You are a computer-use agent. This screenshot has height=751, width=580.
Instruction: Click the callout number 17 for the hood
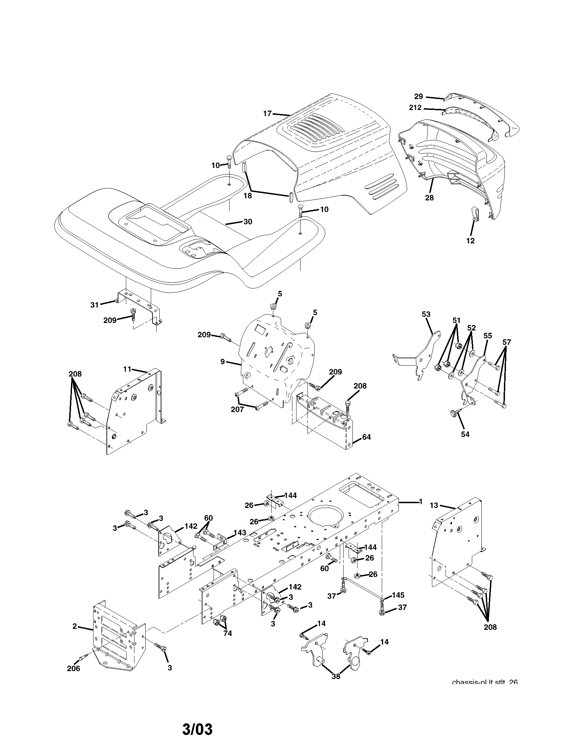[x=267, y=113]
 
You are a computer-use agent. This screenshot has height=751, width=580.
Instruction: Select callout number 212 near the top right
[x=415, y=108]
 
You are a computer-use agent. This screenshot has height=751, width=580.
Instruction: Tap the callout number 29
[x=419, y=96]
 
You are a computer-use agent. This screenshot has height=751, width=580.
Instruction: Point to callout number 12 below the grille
[x=470, y=241]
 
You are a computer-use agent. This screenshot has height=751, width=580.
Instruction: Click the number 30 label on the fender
[x=248, y=222]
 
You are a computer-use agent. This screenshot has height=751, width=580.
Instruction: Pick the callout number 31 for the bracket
[x=95, y=304]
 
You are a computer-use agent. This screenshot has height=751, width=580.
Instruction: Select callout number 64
[x=366, y=437]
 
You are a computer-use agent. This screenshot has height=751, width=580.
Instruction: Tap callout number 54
[x=465, y=434]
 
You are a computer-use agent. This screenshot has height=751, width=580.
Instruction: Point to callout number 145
[x=398, y=595]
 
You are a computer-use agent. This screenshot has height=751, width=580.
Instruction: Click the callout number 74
[x=227, y=633]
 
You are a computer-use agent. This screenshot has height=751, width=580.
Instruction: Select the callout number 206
[x=74, y=668]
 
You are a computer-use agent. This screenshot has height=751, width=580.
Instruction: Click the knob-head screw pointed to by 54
[x=453, y=413]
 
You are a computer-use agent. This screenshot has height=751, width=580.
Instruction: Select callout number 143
[x=240, y=533]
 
